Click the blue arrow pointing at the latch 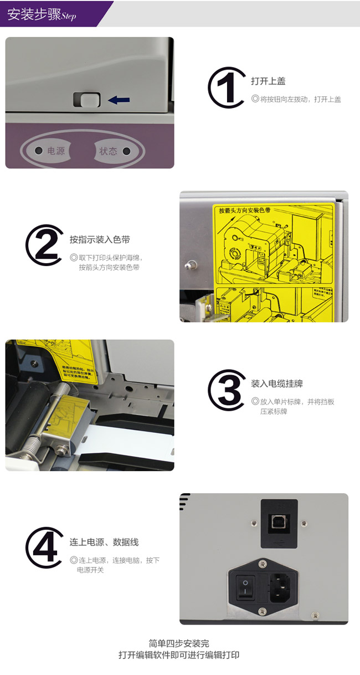(119, 100)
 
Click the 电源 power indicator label (55, 151)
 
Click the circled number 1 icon (227, 88)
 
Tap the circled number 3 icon (227, 390)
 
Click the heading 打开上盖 (268, 81)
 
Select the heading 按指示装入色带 (100, 240)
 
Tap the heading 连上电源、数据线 (104, 542)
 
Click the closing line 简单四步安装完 (179, 643)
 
